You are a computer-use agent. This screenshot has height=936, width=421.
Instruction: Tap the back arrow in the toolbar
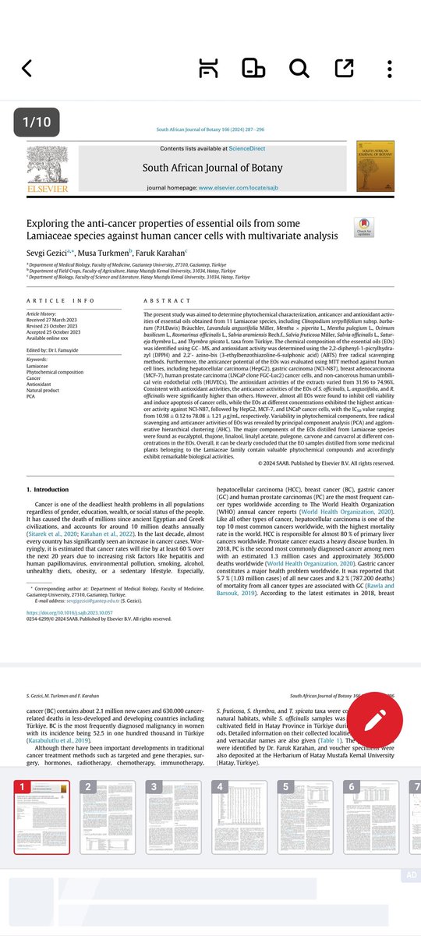tap(27, 69)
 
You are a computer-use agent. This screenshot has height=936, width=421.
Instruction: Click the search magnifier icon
tap(299, 69)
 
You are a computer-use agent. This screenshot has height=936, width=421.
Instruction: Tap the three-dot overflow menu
tap(389, 69)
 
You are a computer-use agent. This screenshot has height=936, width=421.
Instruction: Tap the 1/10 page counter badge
tap(36, 122)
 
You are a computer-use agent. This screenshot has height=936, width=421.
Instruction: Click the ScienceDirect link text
tap(240, 149)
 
